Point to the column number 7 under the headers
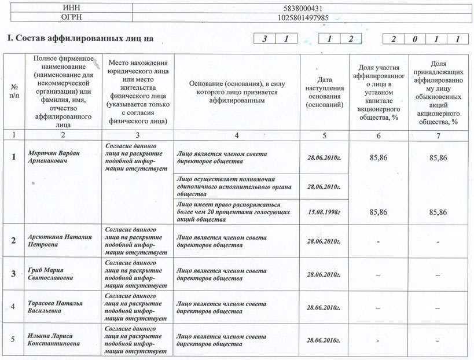click(439, 135)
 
